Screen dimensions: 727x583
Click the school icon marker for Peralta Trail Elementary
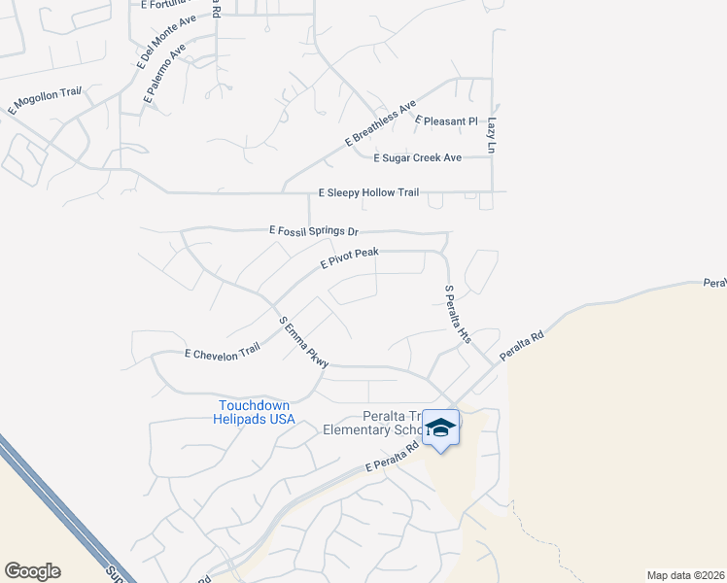point(440,429)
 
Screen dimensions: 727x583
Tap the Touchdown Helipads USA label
point(256,412)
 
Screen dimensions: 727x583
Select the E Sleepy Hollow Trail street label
point(368,192)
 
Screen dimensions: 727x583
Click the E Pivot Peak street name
point(349,257)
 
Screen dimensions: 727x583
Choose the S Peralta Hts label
point(457,314)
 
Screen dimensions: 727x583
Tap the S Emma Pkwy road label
point(303,342)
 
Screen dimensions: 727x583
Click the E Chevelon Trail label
point(223,354)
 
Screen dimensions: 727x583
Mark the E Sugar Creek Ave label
point(418,157)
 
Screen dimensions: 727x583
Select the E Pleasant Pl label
point(447,121)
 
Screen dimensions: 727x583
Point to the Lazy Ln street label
point(492,136)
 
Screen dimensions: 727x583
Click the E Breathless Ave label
point(380,123)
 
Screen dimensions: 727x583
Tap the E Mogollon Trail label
point(45,101)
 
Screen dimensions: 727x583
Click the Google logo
point(32,571)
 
